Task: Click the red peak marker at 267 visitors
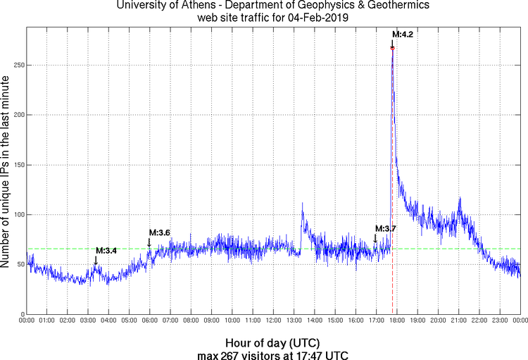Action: click(392, 47)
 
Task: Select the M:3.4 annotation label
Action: click(106, 250)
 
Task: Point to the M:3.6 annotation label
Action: click(159, 232)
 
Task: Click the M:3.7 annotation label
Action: click(386, 228)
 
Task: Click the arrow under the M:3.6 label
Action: click(149, 242)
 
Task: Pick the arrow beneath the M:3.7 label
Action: click(376, 238)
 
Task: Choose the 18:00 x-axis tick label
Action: click(396, 321)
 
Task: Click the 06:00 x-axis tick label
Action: click(149, 321)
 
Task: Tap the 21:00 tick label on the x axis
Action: click(458, 321)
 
